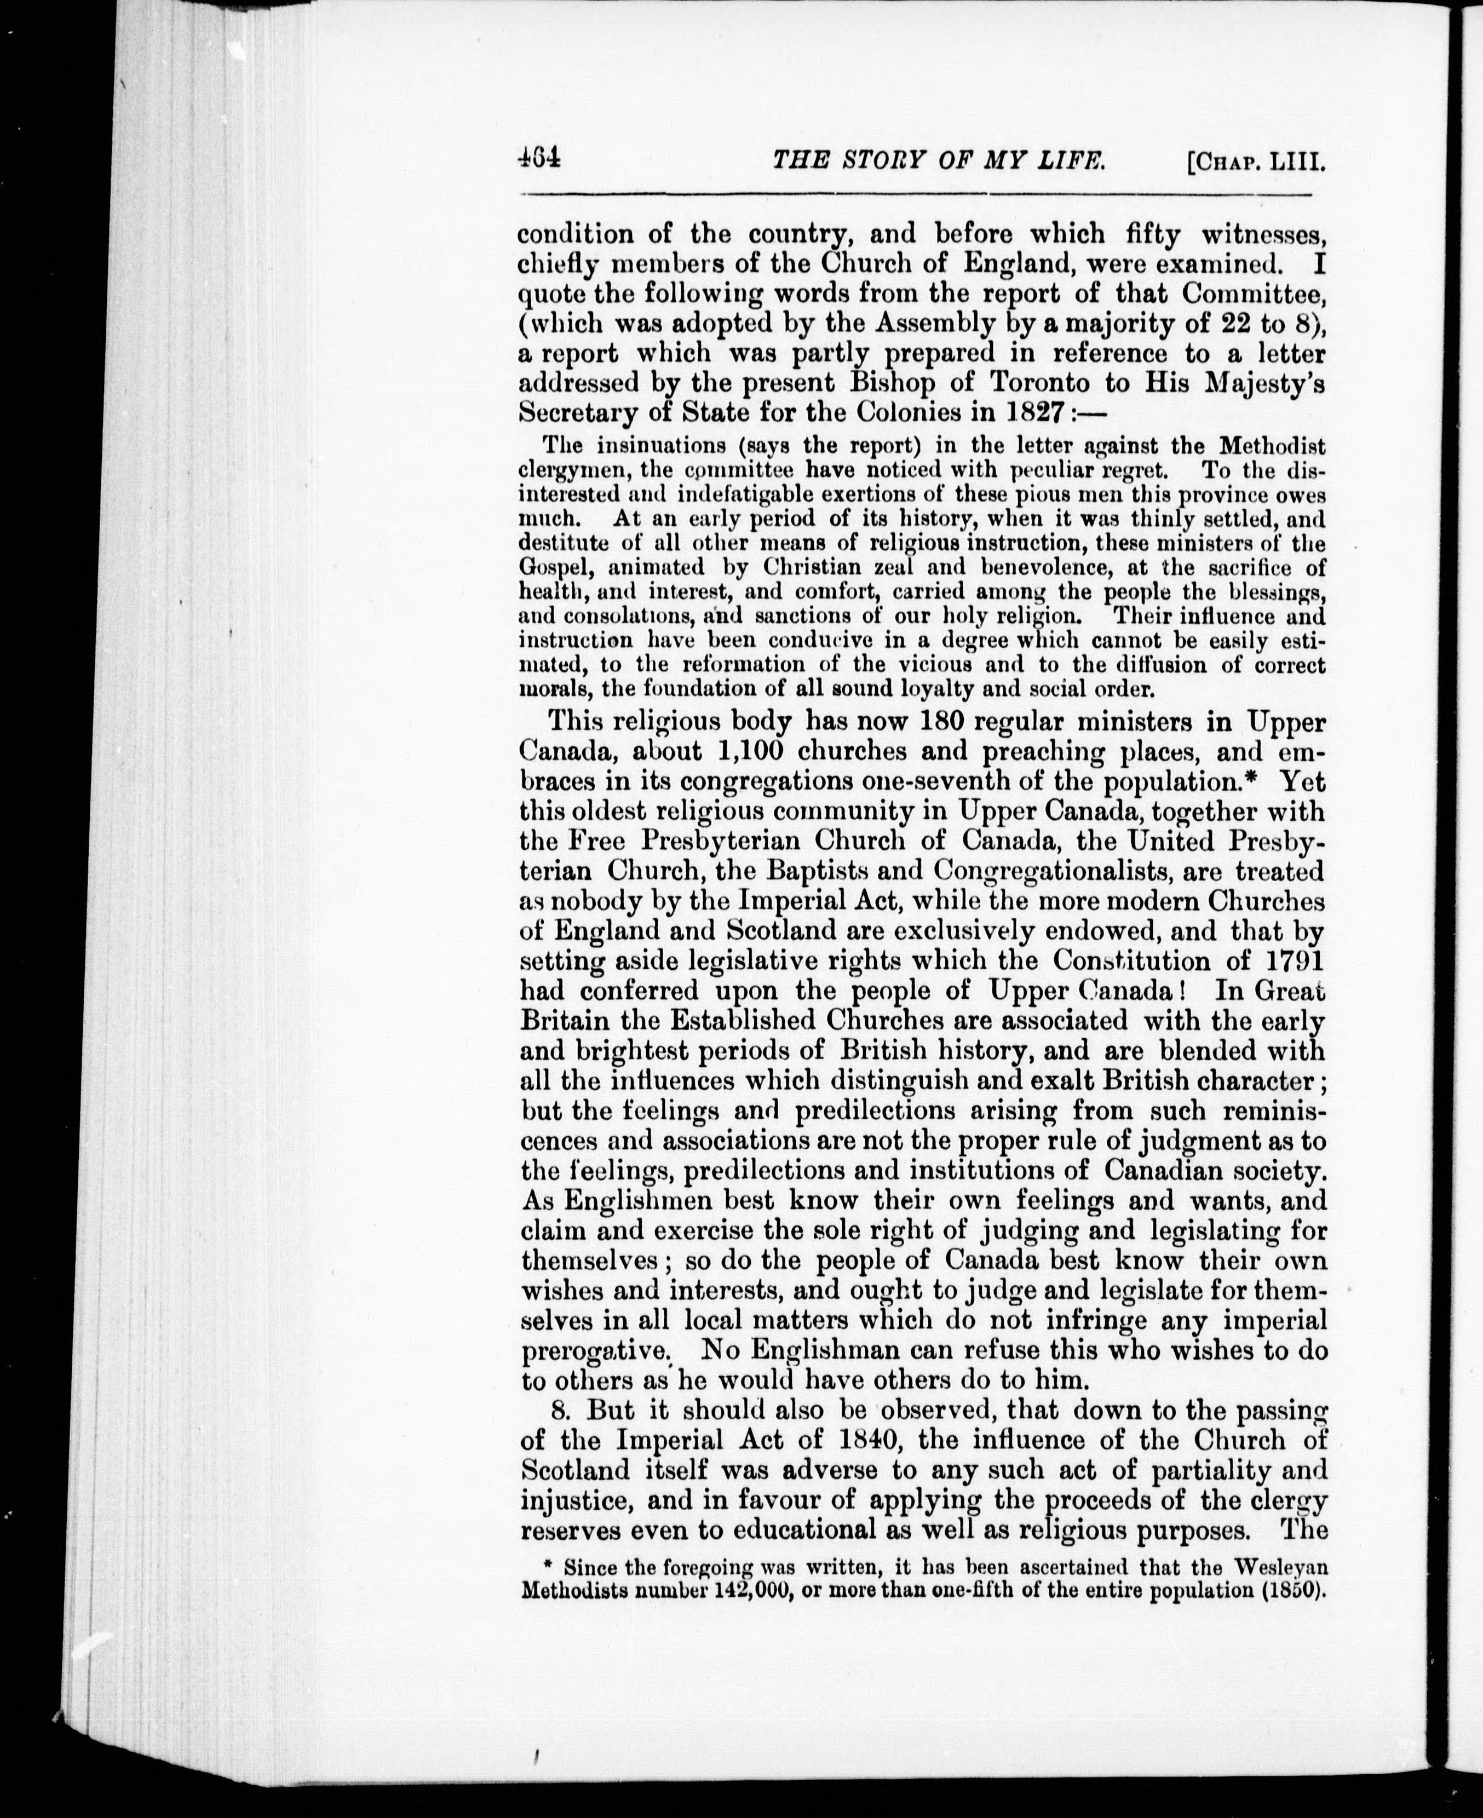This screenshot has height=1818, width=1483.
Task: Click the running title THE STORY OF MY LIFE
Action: (938, 160)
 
